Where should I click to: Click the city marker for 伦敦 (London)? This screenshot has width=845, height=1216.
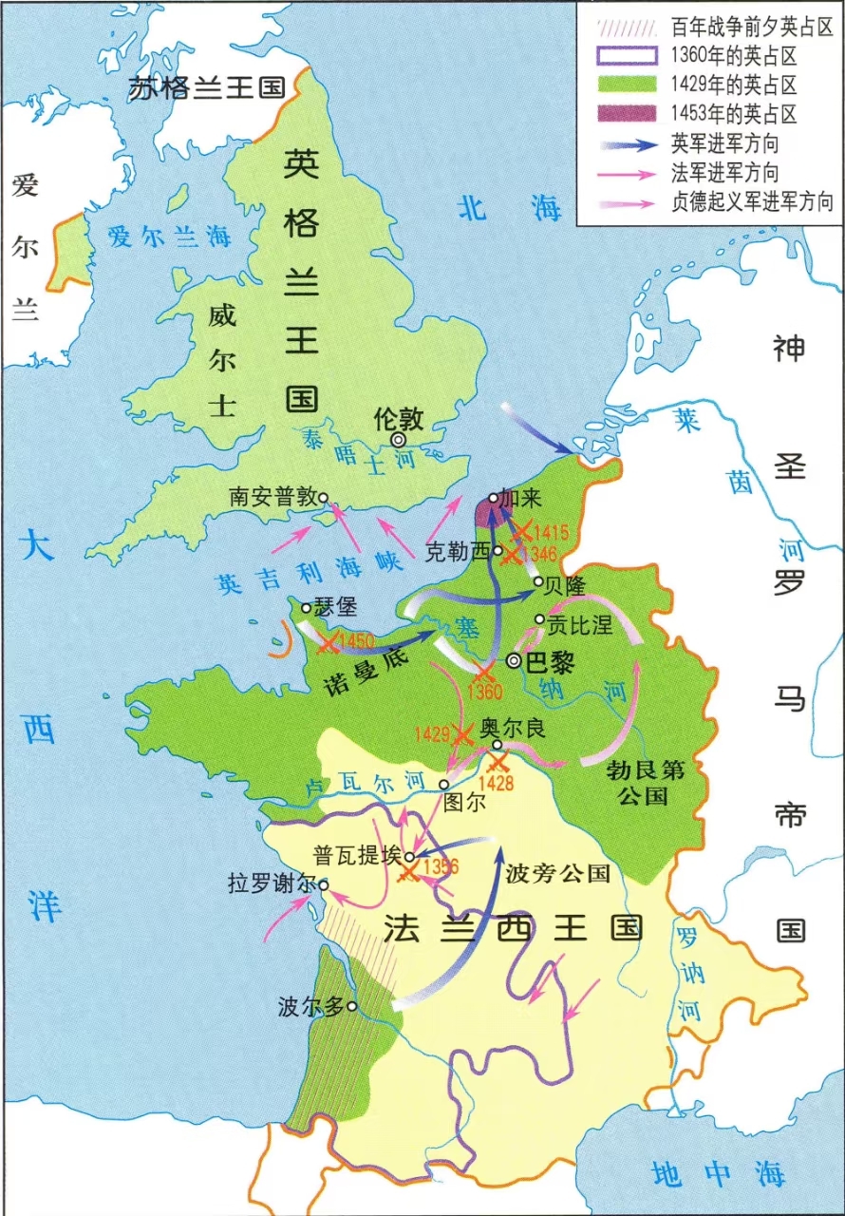click(x=399, y=440)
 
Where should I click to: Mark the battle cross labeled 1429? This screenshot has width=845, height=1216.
click(x=462, y=734)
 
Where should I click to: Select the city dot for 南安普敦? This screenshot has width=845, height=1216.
click(x=324, y=497)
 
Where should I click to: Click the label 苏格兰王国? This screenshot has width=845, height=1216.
click(x=207, y=87)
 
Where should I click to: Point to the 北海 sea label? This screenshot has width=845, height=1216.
click(x=509, y=208)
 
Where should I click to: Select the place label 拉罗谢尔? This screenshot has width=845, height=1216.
click(x=270, y=883)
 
